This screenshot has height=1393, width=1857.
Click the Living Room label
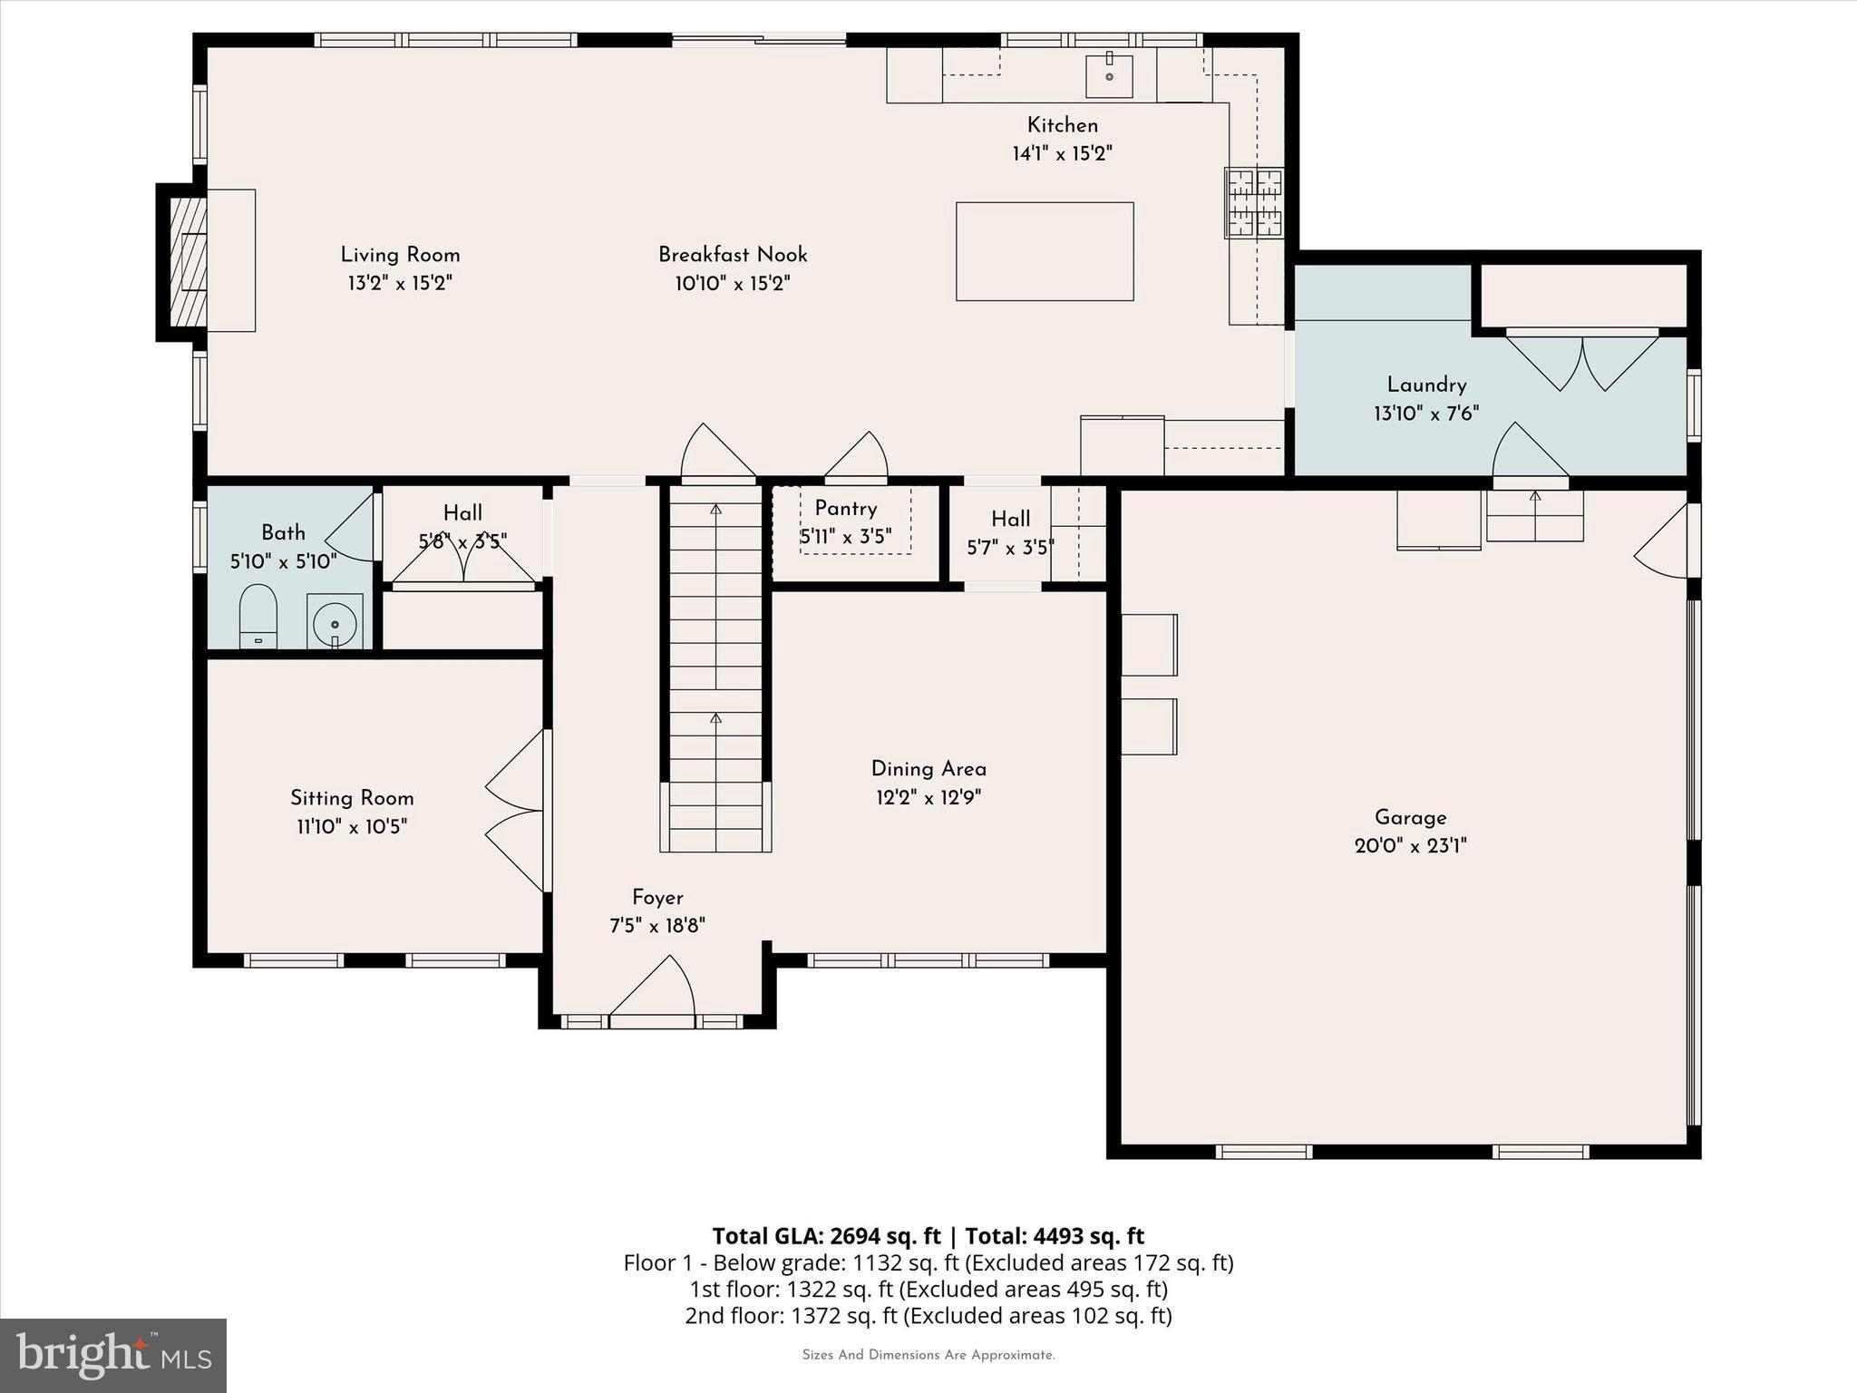click(400, 255)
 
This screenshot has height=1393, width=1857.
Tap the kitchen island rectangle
click(1045, 251)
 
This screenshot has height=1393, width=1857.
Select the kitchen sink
click(1109, 76)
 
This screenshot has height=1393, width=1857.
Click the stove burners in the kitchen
click(1254, 202)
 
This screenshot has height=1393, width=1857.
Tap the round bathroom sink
click(335, 623)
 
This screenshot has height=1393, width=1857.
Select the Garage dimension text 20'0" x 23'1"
click(1410, 846)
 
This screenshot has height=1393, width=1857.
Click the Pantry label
click(845, 509)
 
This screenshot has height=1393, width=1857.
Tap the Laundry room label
click(1426, 385)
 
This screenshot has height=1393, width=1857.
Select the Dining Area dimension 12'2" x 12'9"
click(928, 798)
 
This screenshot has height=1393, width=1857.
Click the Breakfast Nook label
click(733, 255)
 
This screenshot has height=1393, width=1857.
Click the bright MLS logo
click(113, 1355)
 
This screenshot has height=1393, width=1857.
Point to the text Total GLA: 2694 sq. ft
click(826, 1236)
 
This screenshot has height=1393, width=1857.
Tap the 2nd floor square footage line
click(928, 1315)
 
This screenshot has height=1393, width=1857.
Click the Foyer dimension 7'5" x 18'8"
click(657, 926)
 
